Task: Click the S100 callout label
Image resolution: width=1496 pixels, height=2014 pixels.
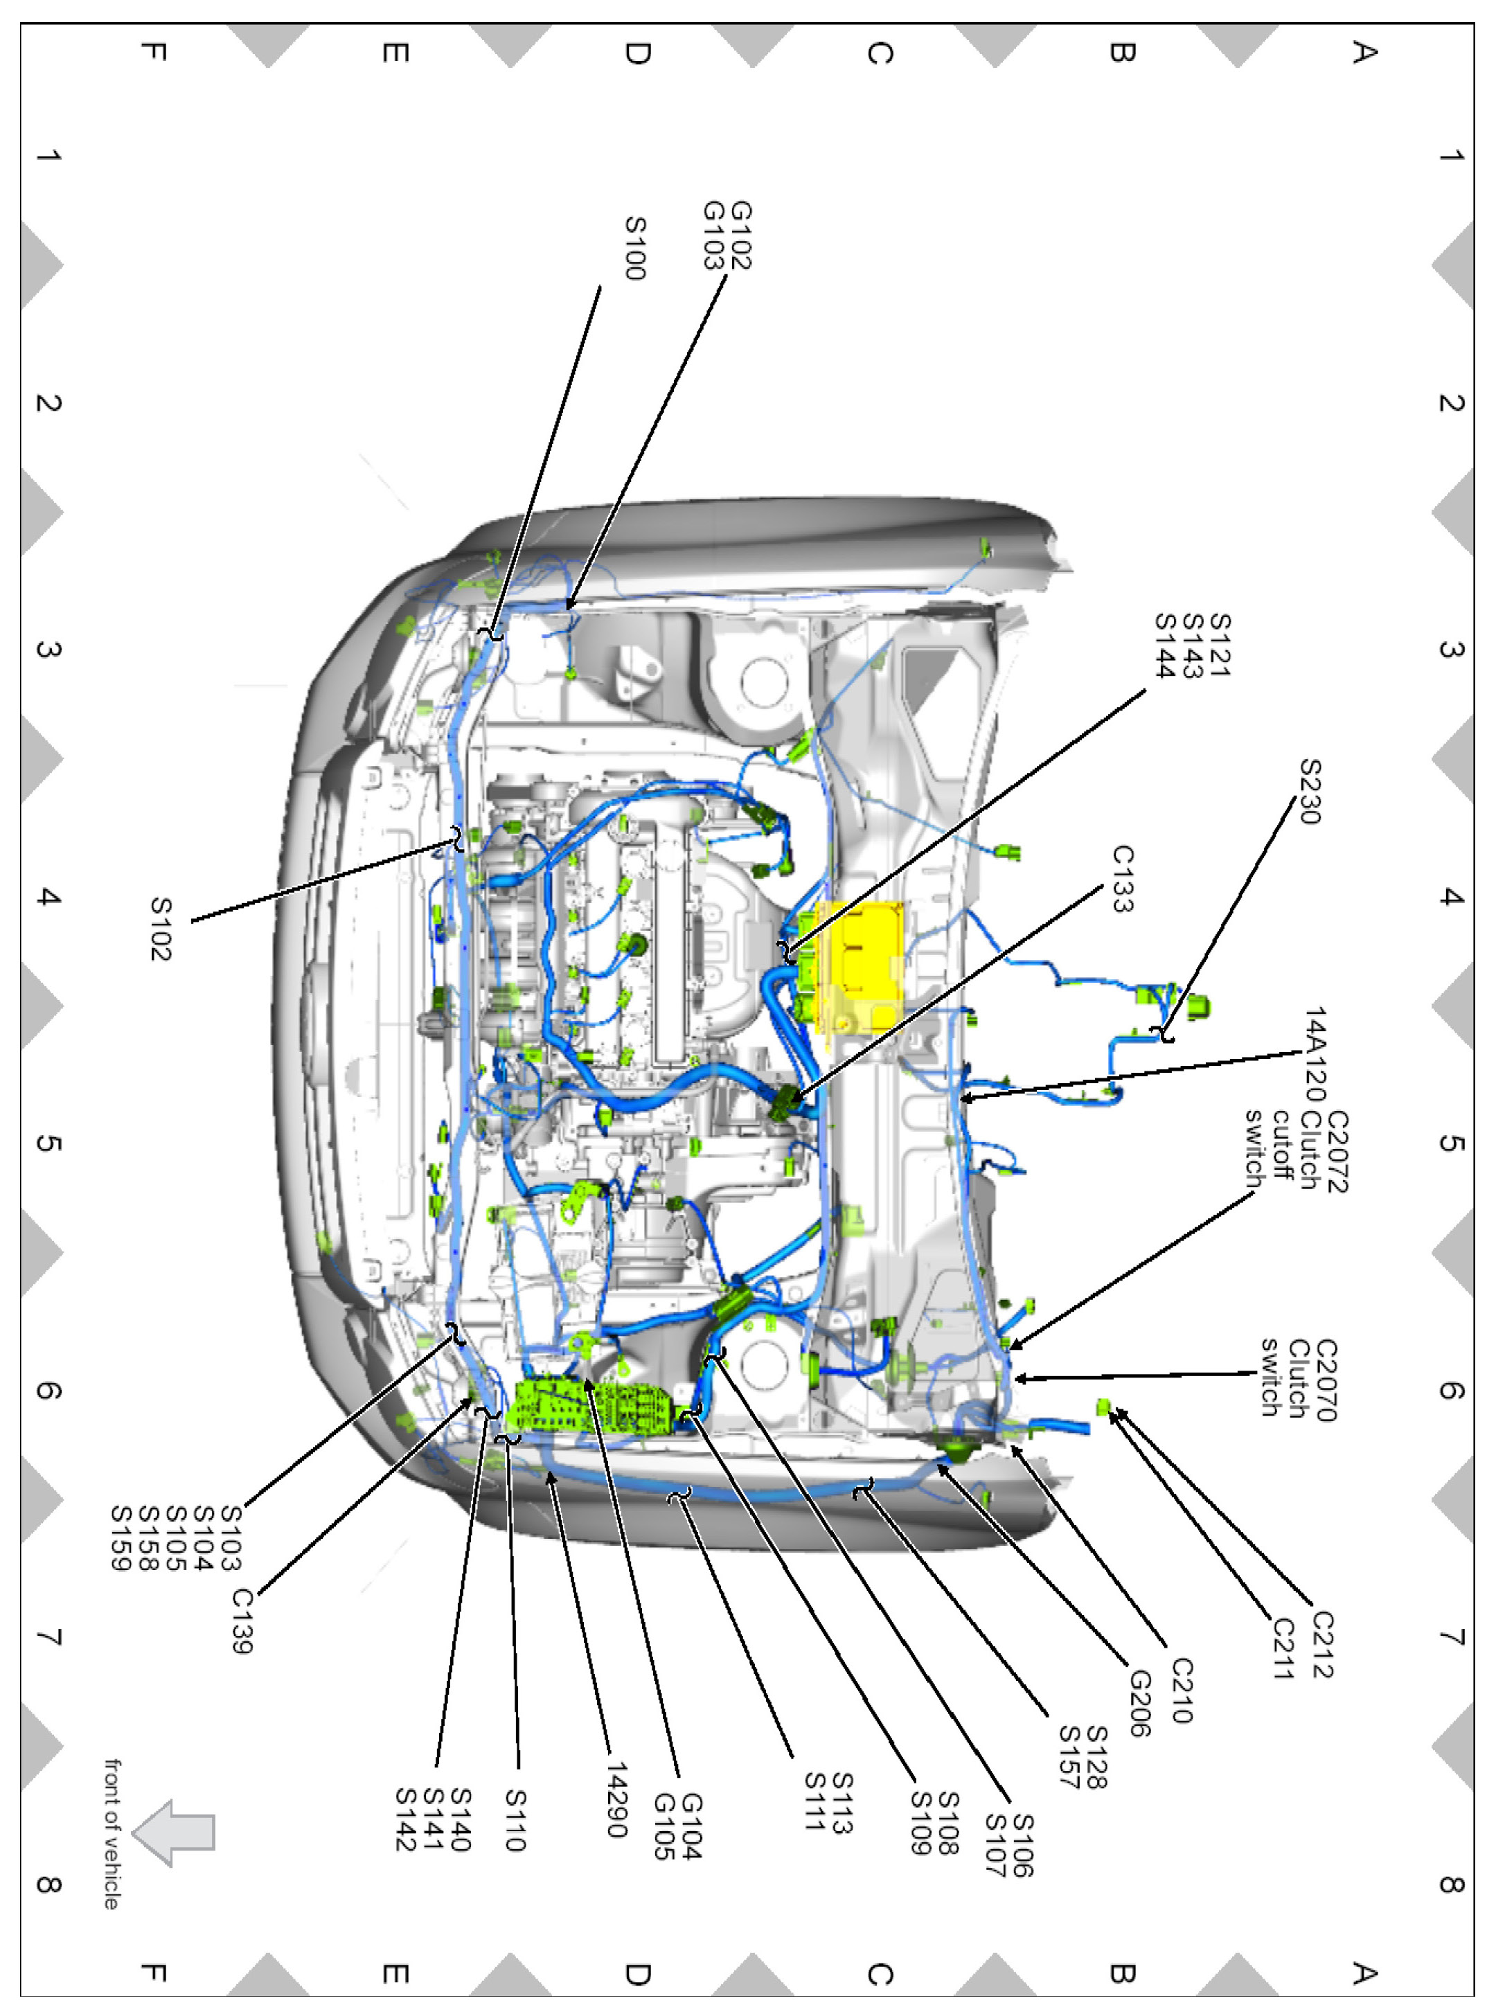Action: [636, 248]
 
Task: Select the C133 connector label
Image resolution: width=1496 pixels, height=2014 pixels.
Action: [1123, 878]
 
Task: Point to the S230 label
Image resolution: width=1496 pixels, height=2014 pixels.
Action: [1310, 792]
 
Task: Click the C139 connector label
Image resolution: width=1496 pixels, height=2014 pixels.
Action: [242, 1621]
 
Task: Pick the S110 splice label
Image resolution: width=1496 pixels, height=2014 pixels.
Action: [515, 1820]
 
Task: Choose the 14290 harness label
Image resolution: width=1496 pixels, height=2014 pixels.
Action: [616, 1800]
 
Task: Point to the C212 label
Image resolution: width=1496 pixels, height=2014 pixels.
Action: [1323, 1645]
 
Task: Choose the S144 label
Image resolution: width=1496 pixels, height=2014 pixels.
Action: [1164, 645]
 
